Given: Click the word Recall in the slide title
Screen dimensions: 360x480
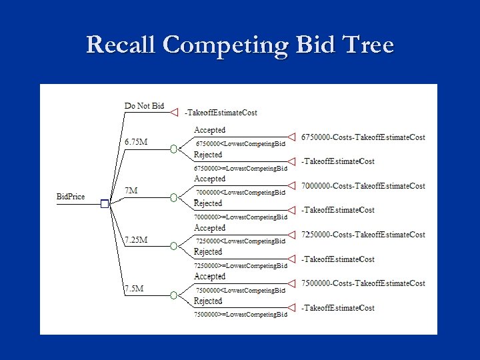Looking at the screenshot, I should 122,45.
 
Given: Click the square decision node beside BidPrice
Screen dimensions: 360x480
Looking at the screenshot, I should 105,204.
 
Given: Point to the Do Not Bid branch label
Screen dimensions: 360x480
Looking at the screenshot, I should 144,106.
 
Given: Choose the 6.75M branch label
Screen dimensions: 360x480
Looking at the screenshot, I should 136,142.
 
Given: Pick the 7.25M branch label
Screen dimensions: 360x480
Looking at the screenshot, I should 136,239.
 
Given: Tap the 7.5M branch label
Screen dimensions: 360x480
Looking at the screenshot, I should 135,289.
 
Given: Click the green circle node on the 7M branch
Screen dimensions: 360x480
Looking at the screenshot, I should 173,198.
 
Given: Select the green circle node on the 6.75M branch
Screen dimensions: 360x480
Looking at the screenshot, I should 173,149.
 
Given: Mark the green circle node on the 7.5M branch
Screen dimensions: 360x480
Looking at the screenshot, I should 173,295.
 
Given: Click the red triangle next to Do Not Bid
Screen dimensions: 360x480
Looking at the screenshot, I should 174,112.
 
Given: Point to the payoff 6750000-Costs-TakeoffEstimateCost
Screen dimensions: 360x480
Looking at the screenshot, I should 363,137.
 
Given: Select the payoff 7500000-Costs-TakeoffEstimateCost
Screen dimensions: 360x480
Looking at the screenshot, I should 363,283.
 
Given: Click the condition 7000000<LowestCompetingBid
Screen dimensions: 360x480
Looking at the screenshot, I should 240,192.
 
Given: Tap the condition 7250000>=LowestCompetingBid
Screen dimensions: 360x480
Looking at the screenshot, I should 240,265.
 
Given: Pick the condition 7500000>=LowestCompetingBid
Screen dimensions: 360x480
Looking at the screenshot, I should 240,314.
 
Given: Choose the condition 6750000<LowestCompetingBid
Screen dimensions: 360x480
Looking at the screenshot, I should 240,143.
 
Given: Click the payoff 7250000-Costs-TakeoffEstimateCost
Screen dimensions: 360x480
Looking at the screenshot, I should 363,235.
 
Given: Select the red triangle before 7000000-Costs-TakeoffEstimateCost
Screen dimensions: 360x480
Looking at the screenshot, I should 291,186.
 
